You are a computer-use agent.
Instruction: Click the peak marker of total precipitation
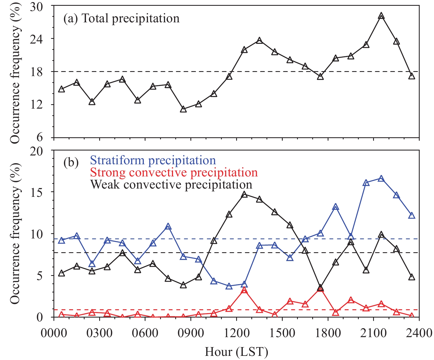pos(381,16)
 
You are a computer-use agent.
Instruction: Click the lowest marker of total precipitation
pos(184,109)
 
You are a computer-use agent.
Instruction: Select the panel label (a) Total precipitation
pos(121,19)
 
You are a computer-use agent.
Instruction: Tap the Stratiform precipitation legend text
pos(153,160)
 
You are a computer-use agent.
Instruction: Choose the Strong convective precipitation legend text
pos(174,173)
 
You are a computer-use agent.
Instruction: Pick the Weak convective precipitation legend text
pos(171,184)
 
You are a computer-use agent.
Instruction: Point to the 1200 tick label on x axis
pos(236,333)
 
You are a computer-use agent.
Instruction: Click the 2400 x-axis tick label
pos(419,333)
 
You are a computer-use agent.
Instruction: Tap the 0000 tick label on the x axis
pos(54,333)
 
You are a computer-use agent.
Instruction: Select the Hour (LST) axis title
pos(236,352)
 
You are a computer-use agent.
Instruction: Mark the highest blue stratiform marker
pos(381,179)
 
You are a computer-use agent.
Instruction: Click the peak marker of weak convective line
pos(244,195)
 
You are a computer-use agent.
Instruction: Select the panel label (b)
pos(71,163)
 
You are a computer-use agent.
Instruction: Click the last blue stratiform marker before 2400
pos(412,216)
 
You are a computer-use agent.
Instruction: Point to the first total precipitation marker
pos(61,89)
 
